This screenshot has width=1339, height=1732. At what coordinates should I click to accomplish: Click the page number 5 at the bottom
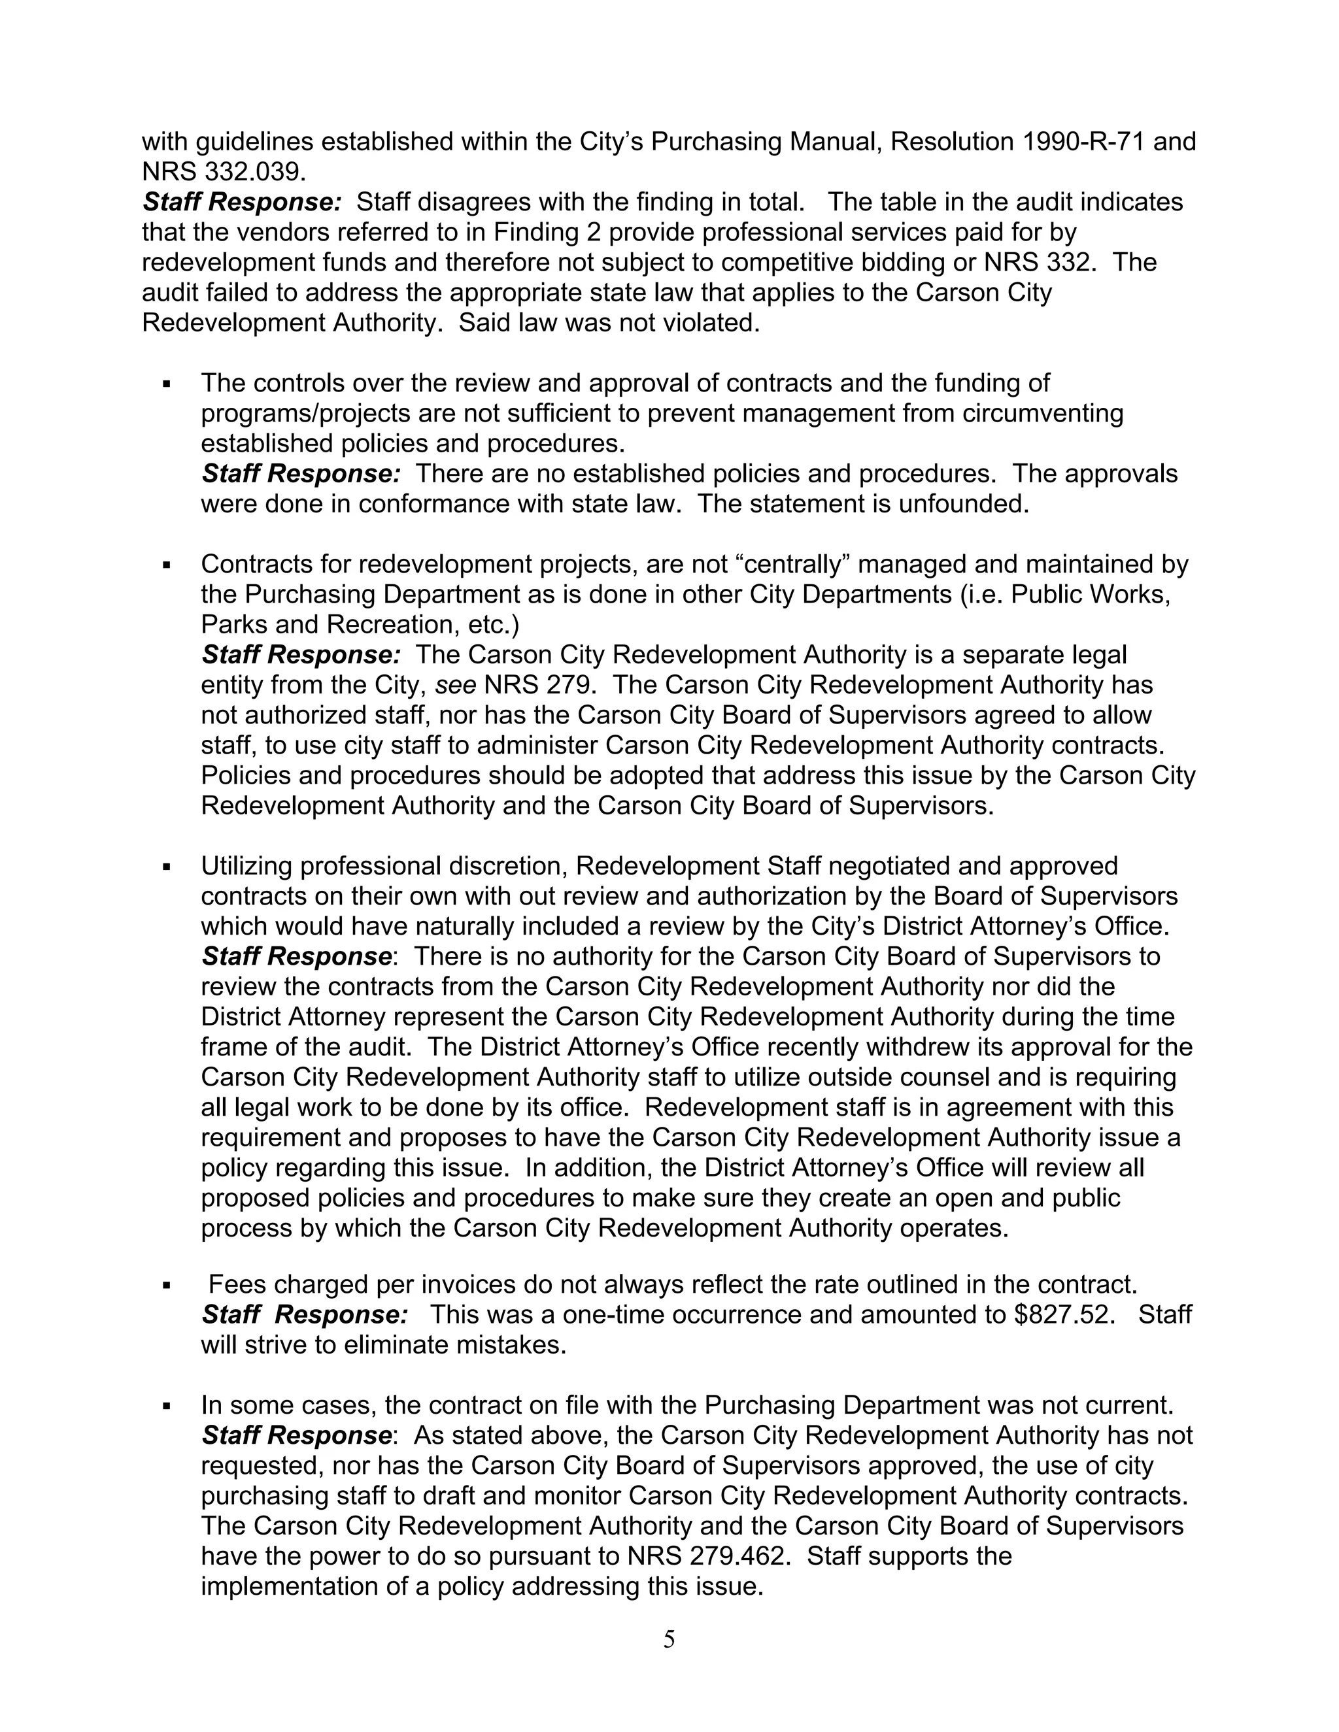coord(669,1639)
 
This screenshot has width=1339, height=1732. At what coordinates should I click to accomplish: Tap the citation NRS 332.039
coord(224,172)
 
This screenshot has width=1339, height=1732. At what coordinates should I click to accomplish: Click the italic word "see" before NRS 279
coord(455,684)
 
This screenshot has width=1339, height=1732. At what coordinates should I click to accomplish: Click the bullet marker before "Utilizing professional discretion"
coord(167,867)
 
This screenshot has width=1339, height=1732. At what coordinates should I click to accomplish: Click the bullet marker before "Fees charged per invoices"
coord(167,1286)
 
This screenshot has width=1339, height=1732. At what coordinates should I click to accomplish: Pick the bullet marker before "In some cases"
coord(167,1406)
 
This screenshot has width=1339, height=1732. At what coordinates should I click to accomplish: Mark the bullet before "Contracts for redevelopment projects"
coord(167,565)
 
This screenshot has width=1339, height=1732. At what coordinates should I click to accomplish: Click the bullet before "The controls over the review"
coord(167,384)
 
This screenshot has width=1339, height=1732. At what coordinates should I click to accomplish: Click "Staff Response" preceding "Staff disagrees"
coord(242,202)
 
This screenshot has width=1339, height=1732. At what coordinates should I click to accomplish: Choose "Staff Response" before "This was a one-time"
coord(305,1315)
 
